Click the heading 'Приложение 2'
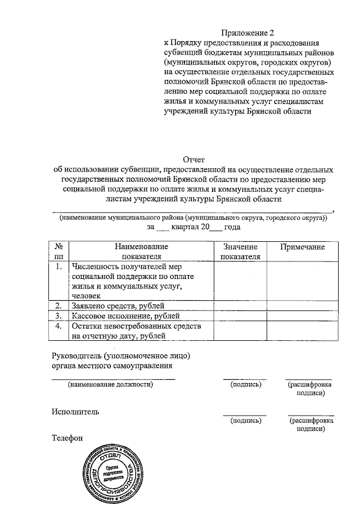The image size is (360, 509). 244,32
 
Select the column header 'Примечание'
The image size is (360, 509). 303,247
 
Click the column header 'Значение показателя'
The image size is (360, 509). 240,252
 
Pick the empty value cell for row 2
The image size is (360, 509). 240,306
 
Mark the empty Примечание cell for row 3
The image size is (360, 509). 303,317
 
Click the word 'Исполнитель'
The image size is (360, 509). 76,411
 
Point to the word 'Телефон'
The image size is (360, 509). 67,436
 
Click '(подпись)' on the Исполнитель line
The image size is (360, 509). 245,420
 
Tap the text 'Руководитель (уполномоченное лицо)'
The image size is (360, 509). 121,356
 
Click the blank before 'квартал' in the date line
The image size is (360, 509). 161,228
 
